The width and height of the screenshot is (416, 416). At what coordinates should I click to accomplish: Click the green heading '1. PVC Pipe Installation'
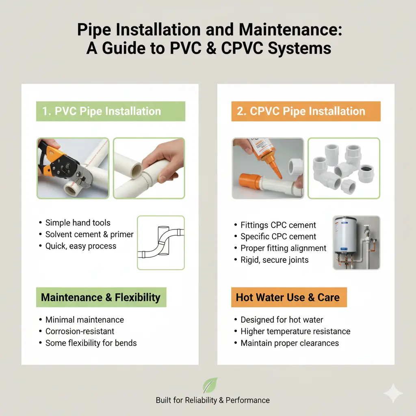(110, 111)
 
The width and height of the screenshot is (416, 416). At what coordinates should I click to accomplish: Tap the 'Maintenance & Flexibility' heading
(101, 297)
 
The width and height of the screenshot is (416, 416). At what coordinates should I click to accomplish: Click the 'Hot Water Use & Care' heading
(288, 297)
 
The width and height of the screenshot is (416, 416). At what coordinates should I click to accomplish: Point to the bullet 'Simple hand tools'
(78, 223)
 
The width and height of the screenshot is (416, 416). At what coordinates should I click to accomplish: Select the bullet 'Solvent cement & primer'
(89, 234)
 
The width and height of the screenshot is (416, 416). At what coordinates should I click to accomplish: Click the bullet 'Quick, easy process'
(81, 246)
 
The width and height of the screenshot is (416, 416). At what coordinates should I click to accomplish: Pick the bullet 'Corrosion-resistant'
(80, 331)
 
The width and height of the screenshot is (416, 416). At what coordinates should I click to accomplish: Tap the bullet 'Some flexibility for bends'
(91, 343)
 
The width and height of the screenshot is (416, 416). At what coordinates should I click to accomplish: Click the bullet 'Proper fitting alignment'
(283, 248)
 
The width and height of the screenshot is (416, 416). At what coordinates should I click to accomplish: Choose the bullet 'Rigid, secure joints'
(275, 260)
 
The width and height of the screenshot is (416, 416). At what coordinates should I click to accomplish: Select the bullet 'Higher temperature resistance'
(295, 331)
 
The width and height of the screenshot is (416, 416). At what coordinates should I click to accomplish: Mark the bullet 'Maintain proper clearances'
(290, 343)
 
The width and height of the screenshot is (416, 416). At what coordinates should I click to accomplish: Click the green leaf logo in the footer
(210, 385)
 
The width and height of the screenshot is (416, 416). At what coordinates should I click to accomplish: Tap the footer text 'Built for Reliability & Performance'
(212, 400)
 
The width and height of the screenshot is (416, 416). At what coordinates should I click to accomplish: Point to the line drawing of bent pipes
(161, 243)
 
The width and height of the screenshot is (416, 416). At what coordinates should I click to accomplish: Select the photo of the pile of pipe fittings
(344, 168)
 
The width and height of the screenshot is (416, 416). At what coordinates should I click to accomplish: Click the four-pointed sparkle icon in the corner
(393, 393)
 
